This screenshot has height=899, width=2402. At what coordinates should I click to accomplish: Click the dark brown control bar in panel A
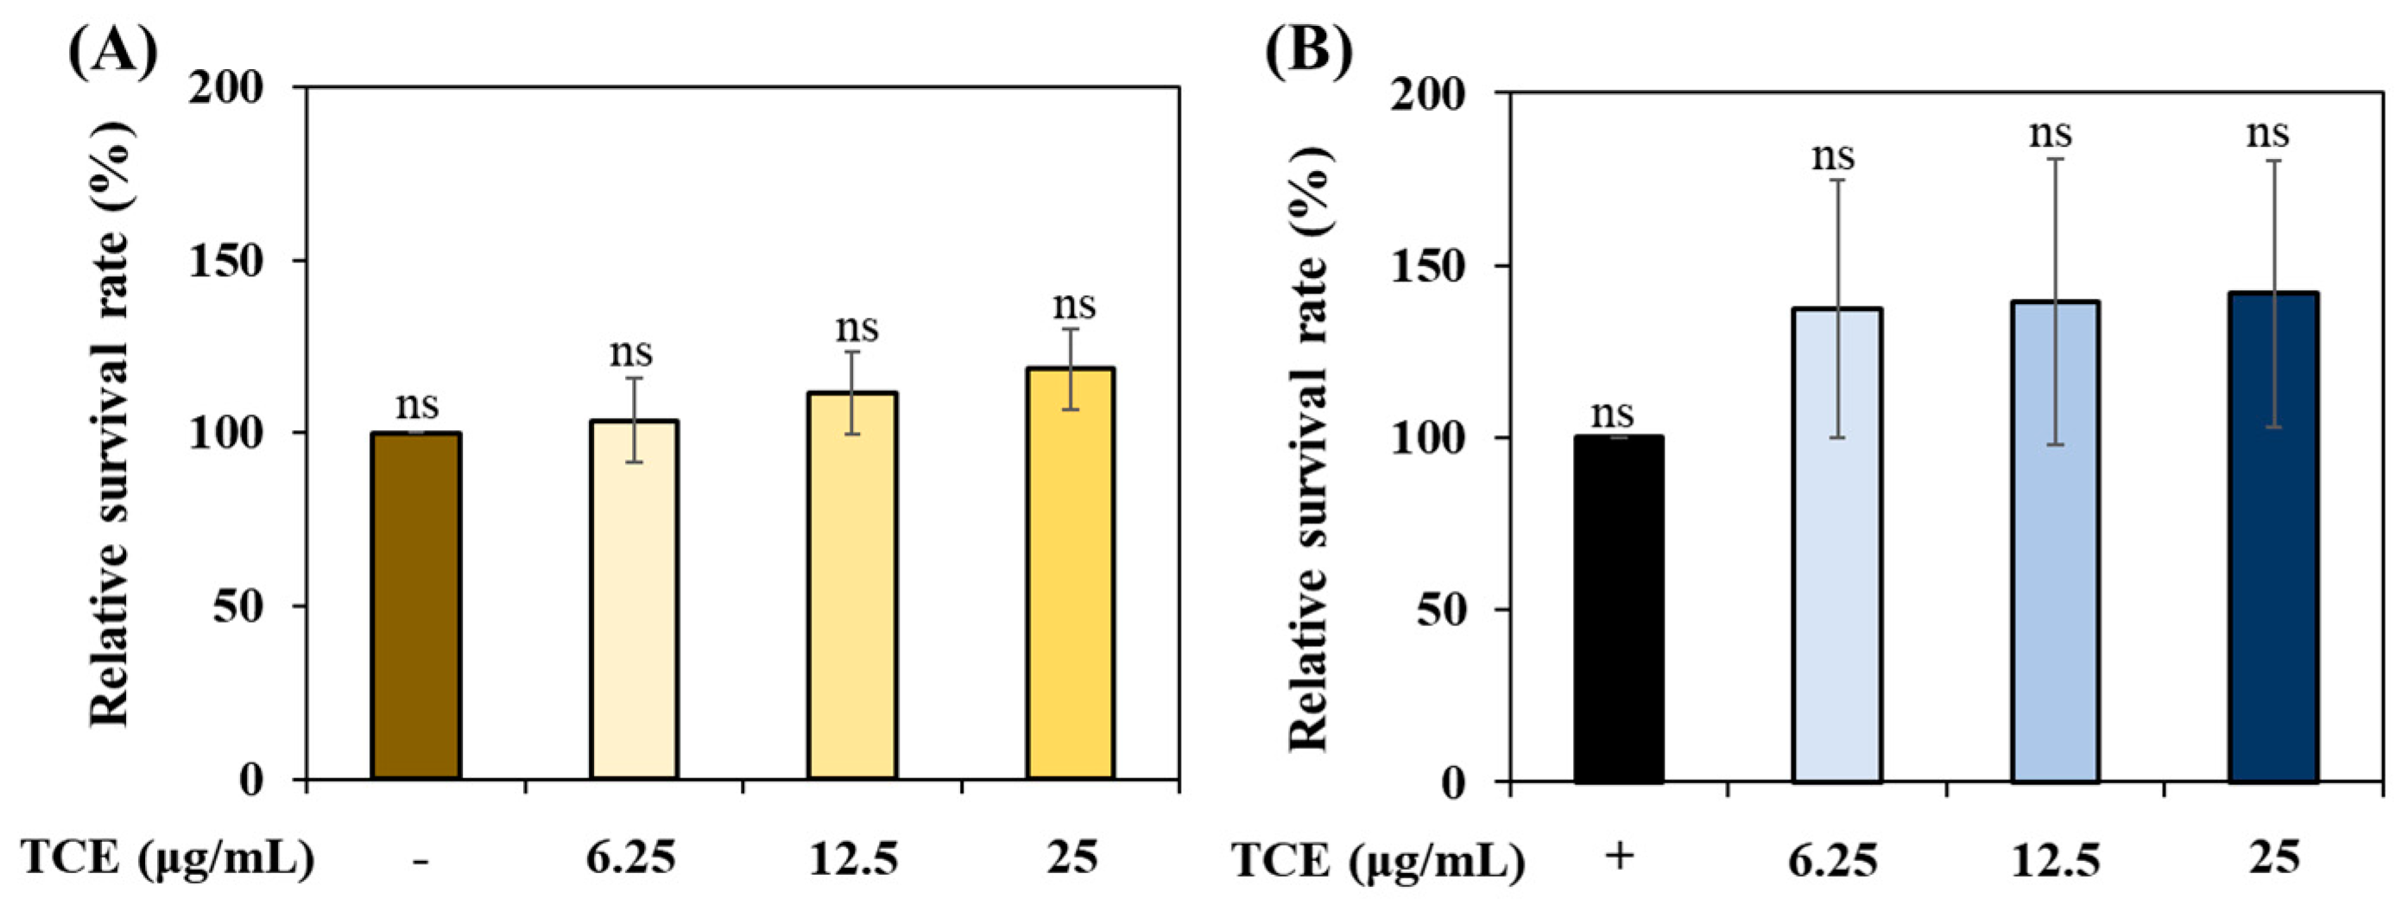416,606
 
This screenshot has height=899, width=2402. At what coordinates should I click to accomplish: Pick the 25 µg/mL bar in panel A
1071,573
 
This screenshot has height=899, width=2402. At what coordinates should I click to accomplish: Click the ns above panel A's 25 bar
1074,304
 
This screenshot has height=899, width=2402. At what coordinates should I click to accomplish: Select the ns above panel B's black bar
1612,412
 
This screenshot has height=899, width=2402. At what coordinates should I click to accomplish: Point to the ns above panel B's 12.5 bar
2051,133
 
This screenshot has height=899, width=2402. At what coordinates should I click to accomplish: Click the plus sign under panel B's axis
1621,855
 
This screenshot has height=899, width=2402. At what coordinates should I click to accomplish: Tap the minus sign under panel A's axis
420,858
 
